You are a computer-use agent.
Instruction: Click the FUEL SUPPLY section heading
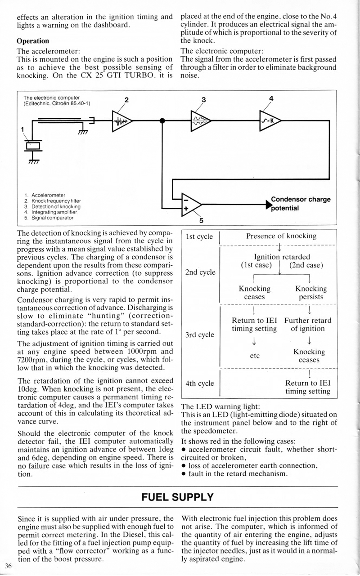[177, 497]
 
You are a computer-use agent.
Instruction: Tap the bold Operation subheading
[33, 41]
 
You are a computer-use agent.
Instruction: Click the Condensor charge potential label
[300, 204]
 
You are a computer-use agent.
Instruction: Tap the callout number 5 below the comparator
[201, 220]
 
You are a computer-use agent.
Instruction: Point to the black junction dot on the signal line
[162, 121]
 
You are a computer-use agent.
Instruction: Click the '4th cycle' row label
[199, 384]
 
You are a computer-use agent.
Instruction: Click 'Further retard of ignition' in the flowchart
[308, 324]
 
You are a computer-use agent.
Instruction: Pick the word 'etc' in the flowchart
[254, 355]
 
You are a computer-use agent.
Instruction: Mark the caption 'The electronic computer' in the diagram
[52, 97]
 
